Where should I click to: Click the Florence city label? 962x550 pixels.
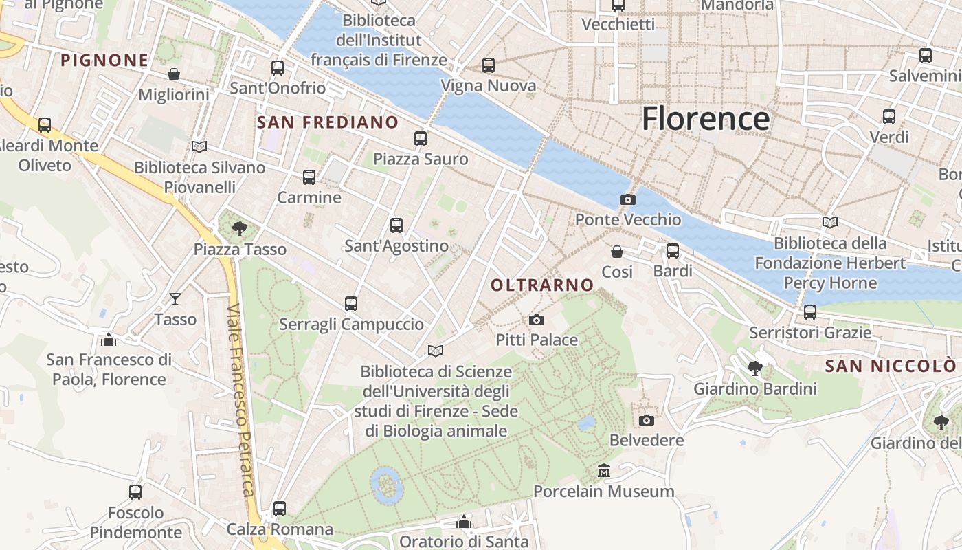[705, 119]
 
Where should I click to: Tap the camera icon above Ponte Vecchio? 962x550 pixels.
[627, 200]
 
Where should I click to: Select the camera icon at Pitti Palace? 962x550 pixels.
[537, 320]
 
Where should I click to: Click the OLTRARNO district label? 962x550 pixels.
[542, 285]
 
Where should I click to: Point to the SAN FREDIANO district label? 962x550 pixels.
[327, 122]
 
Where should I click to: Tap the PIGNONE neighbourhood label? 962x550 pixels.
[104, 60]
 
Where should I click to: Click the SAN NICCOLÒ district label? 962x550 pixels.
[890, 366]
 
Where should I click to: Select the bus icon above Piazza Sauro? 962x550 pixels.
[421, 139]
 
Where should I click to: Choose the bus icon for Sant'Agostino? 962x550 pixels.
[396, 225]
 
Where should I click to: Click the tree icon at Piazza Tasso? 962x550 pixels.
[239, 228]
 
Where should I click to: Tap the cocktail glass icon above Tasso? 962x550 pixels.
[175, 298]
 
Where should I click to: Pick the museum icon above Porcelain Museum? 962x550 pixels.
[604, 471]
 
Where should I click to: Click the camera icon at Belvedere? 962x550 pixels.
[646, 420]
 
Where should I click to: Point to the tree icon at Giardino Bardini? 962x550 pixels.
[754, 368]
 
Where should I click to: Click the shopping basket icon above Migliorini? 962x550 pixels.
[174, 74]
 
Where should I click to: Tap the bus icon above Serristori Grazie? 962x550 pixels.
[810, 312]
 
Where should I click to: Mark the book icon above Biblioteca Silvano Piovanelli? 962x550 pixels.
[199, 146]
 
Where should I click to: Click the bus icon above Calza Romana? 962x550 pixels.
[279, 509]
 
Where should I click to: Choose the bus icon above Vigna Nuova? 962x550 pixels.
[488, 65]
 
